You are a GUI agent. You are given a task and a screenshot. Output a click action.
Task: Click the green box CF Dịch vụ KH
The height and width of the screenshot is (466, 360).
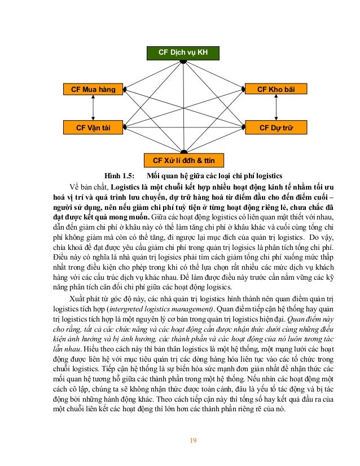click(x=183, y=52)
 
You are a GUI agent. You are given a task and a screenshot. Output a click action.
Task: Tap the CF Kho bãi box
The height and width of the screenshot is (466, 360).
click(x=275, y=89)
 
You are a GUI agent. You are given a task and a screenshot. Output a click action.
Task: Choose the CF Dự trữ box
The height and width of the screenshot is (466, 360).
click(x=275, y=128)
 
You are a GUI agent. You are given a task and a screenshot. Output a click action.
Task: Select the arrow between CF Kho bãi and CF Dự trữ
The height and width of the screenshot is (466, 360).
click(x=276, y=108)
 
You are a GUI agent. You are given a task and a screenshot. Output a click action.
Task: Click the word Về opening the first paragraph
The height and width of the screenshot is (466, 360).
click(x=74, y=186)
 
